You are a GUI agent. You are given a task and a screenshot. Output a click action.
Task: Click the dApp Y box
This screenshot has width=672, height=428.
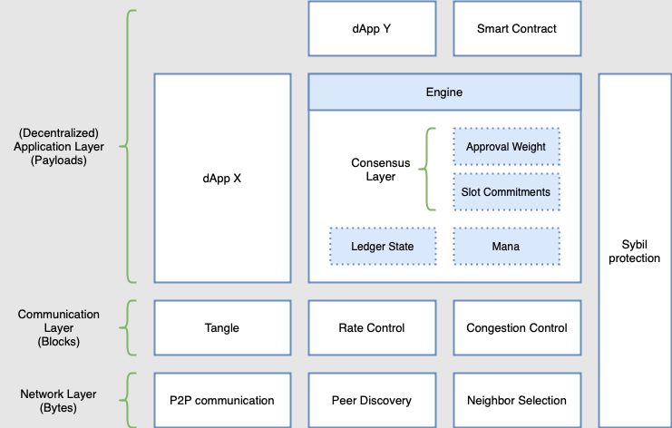point(372,28)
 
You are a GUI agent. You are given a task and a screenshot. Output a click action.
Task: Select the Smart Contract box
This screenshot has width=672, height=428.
point(517,28)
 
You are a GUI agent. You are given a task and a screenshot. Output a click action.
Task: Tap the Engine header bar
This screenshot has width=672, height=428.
point(444,92)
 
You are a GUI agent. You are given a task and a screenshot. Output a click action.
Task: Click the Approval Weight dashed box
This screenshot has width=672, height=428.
point(506,147)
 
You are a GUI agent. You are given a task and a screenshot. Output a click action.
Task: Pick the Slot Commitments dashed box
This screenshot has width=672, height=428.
point(506,192)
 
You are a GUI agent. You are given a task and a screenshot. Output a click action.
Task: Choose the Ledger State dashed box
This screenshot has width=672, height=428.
point(383,246)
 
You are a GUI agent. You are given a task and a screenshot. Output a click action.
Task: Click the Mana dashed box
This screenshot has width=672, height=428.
point(506,246)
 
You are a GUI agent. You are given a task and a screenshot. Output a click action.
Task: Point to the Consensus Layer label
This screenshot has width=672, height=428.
point(381,170)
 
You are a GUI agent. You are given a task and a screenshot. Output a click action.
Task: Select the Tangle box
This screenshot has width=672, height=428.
point(222,327)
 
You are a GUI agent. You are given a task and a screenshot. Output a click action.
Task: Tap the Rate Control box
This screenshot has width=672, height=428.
point(372,327)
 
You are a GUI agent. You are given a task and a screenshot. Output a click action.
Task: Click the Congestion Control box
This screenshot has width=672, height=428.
point(517,327)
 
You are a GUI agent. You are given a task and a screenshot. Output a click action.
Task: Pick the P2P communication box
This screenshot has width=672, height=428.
point(222,400)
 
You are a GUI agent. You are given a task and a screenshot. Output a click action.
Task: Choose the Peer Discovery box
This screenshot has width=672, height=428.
point(372,400)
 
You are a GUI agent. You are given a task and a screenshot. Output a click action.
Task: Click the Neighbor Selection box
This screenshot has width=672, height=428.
point(517,400)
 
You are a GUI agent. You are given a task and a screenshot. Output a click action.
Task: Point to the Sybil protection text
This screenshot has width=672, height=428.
point(635,251)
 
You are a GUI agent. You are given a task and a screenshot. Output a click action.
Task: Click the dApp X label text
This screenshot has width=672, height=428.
point(222,179)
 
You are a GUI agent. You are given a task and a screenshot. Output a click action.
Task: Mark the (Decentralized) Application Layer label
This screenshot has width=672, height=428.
point(58,146)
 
